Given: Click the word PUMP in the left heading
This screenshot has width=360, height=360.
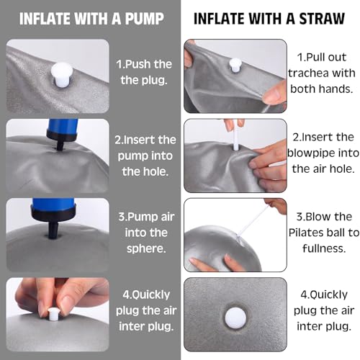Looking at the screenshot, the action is pyautogui.click(x=145, y=19).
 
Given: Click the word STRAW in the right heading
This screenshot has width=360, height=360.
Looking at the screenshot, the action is pyautogui.click(x=322, y=19).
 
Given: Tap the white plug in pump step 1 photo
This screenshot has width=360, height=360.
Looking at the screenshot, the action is pyautogui.click(x=61, y=75).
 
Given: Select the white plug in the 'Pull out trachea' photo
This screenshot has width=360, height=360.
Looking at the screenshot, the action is pyautogui.click(x=235, y=65).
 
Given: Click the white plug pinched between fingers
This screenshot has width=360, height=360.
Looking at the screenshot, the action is pyautogui.click(x=53, y=314).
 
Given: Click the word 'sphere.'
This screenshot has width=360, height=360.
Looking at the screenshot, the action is pyautogui.click(x=146, y=248).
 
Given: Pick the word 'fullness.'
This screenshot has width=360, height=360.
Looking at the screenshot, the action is pyautogui.click(x=324, y=248).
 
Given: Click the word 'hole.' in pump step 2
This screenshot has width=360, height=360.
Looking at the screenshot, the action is pyautogui.click(x=157, y=171).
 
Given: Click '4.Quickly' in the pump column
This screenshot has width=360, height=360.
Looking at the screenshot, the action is pyautogui.click(x=146, y=295).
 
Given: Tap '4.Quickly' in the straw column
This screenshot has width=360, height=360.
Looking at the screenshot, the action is pyautogui.click(x=324, y=295).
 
